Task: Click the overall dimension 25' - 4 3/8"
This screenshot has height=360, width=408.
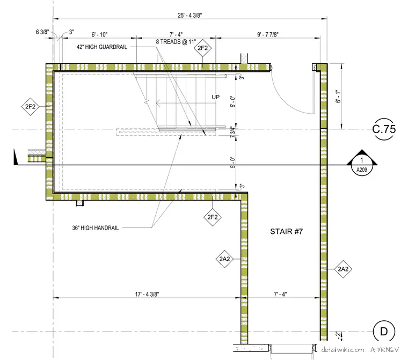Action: pos(190,16)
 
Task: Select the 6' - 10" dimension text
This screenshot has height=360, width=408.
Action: pos(99,34)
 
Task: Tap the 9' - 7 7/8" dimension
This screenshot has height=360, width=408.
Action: pos(268,34)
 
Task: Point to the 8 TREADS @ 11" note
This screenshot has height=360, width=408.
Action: pos(176,42)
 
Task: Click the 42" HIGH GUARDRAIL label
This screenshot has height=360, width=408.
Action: pos(102,47)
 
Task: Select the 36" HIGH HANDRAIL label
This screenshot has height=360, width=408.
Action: pos(96,228)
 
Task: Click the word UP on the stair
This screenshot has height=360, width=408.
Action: pos(215,97)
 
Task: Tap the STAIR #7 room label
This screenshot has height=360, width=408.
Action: pos(286,231)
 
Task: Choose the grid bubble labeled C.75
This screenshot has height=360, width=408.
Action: pos(384,129)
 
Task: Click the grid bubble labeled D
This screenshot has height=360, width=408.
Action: pos(384,332)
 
